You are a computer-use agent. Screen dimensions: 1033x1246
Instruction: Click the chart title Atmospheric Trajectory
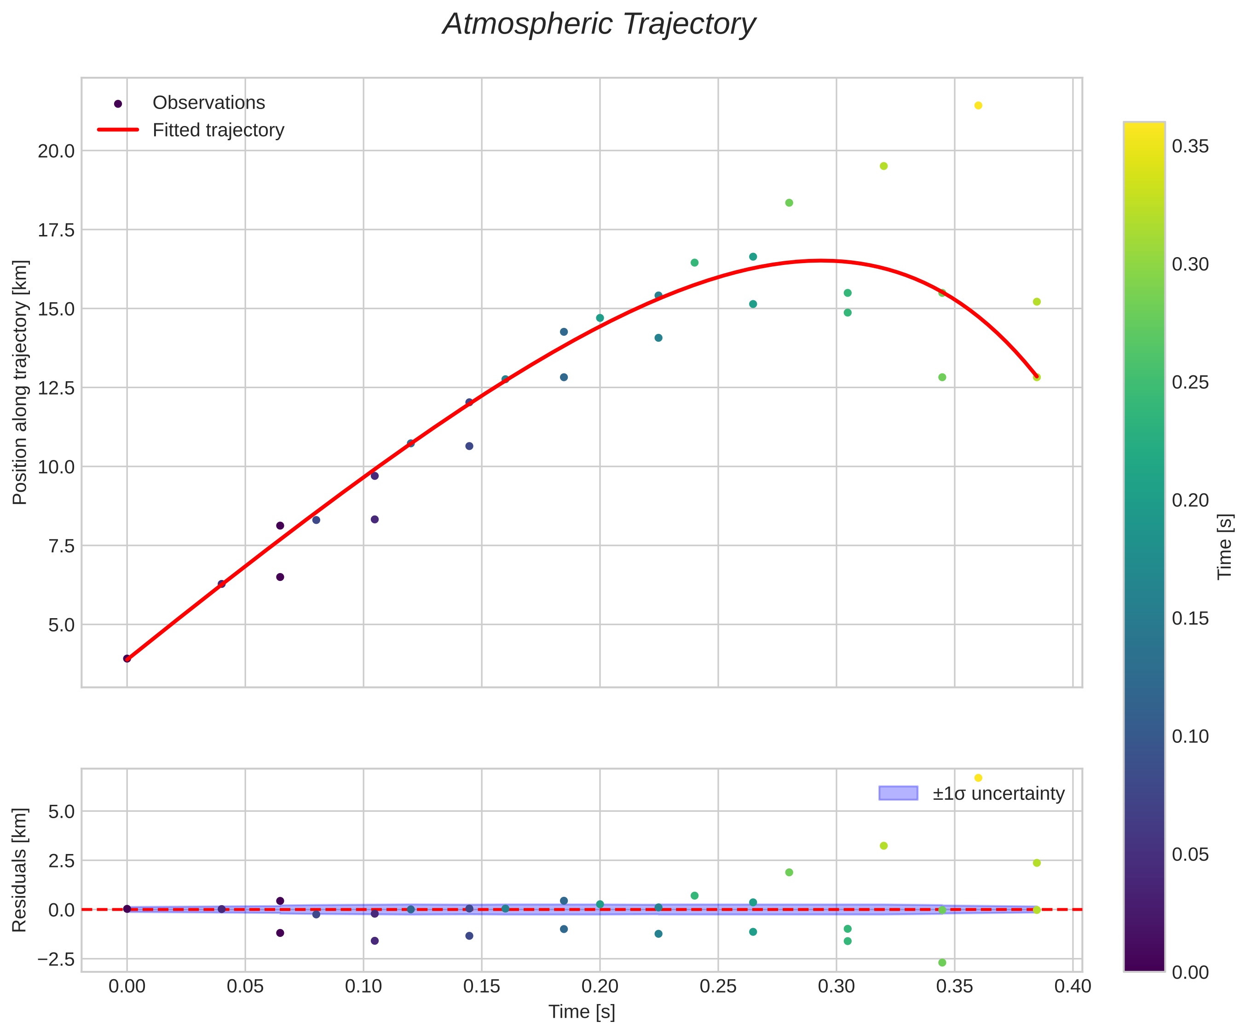[x=599, y=25]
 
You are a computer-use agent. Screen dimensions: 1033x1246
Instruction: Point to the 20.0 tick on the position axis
[x=57, y=151]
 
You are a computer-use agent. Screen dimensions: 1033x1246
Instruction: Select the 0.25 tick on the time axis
[x=718, y=987]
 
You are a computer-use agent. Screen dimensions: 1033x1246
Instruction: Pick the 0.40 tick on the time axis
[x=1073, y=987]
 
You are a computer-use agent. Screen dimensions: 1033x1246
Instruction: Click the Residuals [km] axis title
[x=20, y=869]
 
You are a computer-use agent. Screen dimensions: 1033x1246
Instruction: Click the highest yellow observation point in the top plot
[x=978, y=105]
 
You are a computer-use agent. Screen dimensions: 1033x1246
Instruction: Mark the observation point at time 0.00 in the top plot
[x=127, y=658]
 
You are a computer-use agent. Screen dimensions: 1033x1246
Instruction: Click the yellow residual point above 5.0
[x=978, y=777]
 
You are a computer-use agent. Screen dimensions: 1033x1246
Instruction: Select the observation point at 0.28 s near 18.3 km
[x=789, y=203]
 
